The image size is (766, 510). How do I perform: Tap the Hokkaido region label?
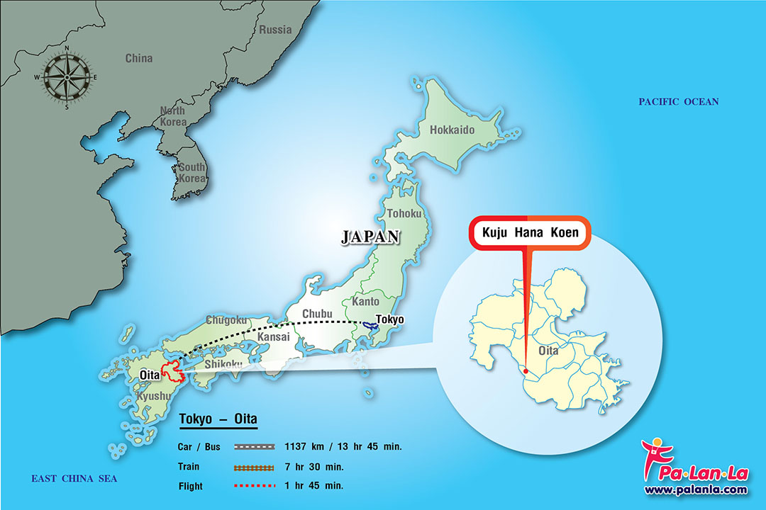click(x=452, y=130)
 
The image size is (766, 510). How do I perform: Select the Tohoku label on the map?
click(x=404, y=213)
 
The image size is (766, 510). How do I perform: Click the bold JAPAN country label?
click(x=370, y=237)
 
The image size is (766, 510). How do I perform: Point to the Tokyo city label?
click(x=389, y=319)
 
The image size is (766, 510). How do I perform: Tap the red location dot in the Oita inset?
click(x=524, y=370)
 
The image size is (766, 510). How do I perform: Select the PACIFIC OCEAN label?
click(x=678, y=102)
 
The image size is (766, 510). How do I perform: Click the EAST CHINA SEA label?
click(x=74, y=479)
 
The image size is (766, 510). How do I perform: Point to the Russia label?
click(x=275, y=30)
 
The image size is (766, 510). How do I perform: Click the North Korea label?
click(x=172, y=116)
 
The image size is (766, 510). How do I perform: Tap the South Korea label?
click(x=191, y=172)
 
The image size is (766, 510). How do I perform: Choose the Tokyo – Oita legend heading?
click(x=218, y=420)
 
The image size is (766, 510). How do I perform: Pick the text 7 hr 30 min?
click(x=313, y=467)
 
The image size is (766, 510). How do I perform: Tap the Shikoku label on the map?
click(x=223, y=364)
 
